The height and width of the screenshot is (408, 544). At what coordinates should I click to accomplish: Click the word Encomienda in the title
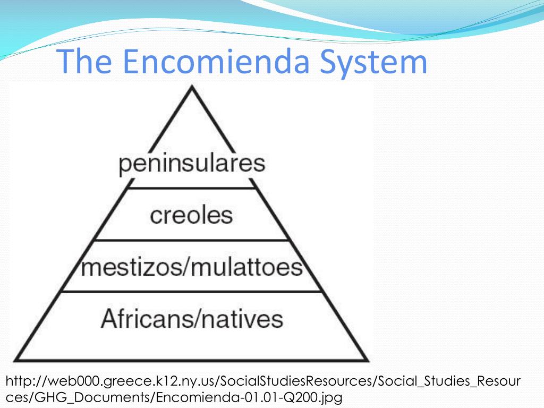pos(216,61)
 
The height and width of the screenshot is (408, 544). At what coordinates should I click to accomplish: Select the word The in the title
pos(84,61)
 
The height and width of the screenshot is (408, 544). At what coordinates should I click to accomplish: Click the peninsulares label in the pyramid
pos(192,164)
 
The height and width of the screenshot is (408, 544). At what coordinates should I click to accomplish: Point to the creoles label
pos(191,215)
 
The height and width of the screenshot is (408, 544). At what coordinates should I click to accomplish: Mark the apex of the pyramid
pos(192,87)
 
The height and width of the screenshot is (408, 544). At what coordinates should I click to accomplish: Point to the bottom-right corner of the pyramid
pos(368,360)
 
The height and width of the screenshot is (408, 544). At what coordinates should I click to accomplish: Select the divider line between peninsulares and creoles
pos(192,189)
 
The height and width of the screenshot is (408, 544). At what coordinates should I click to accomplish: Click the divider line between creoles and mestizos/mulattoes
pos(191,240)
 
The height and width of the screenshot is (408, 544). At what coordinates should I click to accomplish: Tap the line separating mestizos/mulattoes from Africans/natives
pos(191,292)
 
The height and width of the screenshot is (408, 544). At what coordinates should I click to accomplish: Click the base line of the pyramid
pos(191,360)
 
